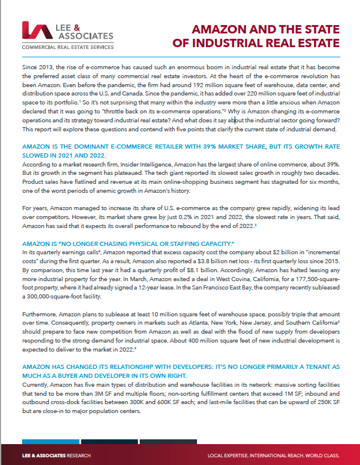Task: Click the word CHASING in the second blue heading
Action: [x=99, y=244]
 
